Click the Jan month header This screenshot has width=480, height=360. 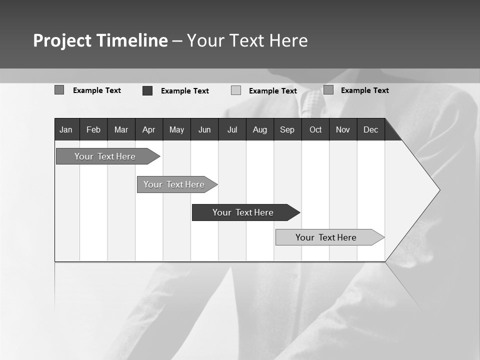66,129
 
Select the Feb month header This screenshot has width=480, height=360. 93,129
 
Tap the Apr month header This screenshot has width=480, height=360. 149,129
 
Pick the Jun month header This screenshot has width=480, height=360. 204,129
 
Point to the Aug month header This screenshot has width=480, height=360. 260,129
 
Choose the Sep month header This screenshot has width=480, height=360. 287,129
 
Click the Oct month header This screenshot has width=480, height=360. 315,129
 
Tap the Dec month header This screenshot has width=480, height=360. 371,129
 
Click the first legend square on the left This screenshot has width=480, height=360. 59,90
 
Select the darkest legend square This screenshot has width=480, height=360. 147,90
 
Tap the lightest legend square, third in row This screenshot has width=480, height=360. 236,90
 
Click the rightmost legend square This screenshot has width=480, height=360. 328,90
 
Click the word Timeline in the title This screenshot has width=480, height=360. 131,40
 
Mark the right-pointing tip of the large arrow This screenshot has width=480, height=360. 438,190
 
